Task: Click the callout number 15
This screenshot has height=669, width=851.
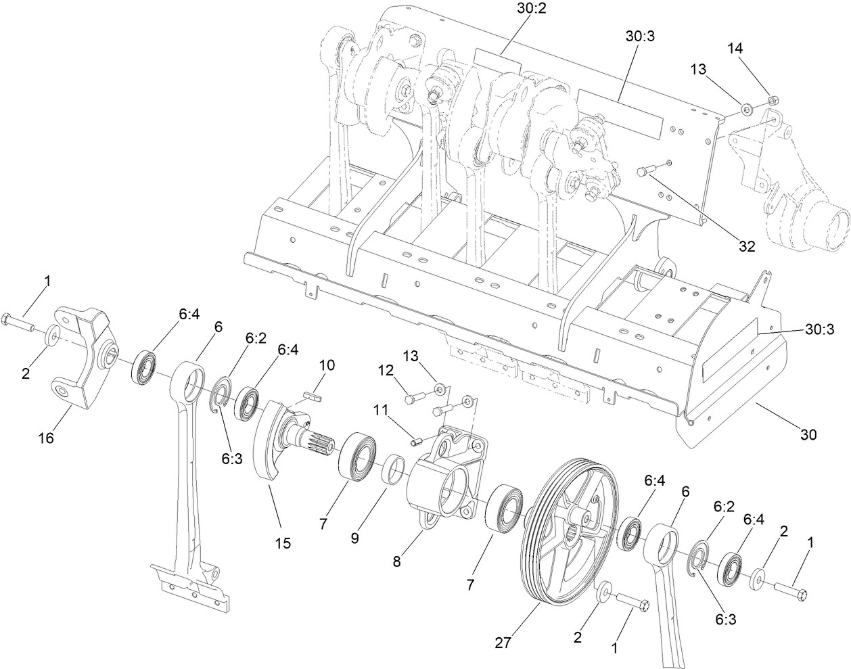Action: click(x=283, y=543)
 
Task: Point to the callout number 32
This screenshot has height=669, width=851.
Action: click(x=746, y=247)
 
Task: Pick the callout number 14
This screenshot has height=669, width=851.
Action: click(x=735, y=49)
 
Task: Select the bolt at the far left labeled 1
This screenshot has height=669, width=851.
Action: click(x=19, y=322)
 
